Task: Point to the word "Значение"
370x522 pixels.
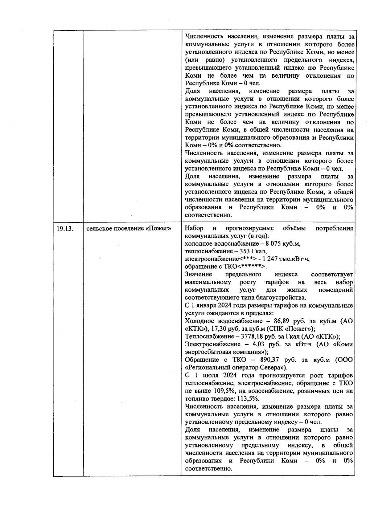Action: (x=198, y=275)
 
